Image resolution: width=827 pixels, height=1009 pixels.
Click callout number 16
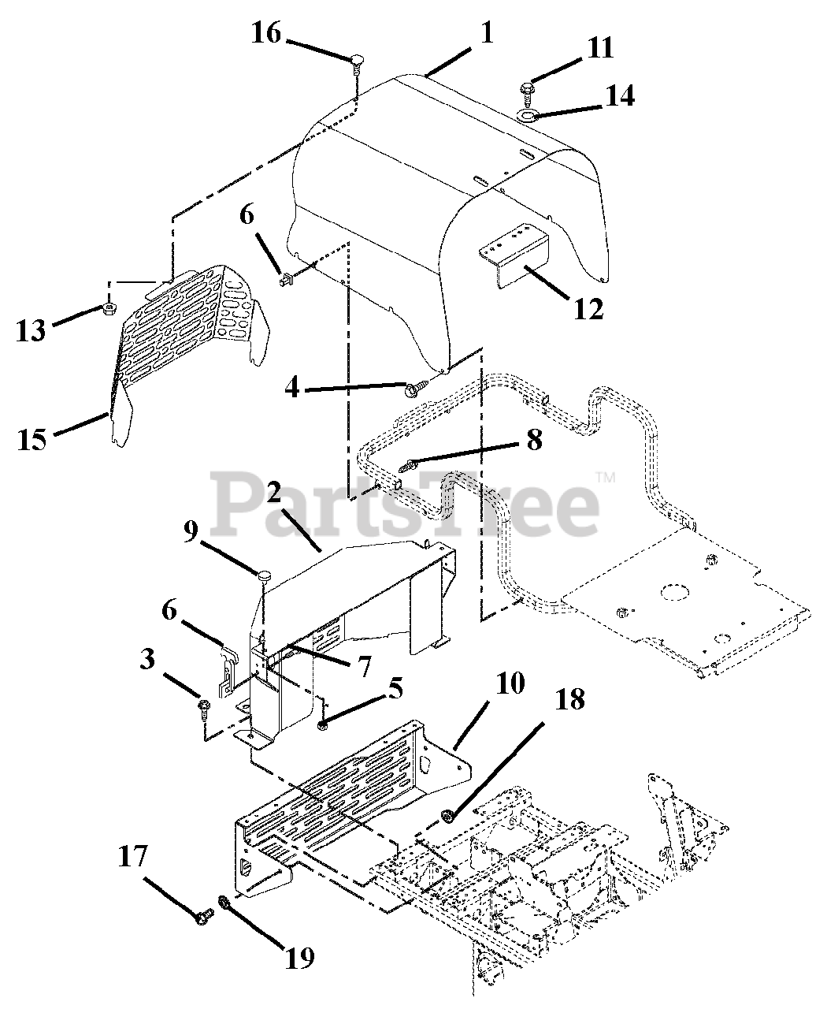click(266, 34)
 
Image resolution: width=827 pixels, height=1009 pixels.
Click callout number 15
click(32, 438)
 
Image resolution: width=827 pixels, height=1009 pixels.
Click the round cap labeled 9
click(263, 576)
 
